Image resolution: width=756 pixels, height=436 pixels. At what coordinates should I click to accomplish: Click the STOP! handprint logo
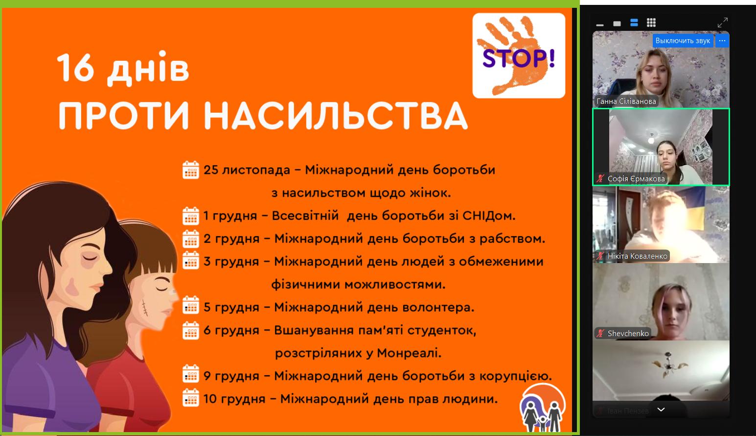click(x=519, y=56)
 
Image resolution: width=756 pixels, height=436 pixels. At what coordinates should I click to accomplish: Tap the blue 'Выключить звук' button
click(x=683, y=41)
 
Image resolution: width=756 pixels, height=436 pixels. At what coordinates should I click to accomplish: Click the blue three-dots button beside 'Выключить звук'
click(x=722, y=41)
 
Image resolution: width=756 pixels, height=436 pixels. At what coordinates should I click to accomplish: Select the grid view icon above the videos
click(x=651, y=23)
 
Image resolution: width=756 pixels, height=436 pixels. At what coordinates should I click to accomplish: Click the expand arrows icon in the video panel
click(x=723, y=23)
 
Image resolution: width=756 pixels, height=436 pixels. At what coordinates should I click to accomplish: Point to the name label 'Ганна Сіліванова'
click(x=626, y=101)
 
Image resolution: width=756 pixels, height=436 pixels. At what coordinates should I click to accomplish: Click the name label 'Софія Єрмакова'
click(x=636, y=179)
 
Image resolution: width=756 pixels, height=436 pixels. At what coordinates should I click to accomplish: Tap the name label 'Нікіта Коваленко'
click(x=637, y=256)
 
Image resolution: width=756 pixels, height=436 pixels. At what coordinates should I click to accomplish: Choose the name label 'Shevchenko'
click(x=628, y=334)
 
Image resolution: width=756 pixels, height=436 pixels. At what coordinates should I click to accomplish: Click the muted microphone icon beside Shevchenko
click(x=600, y=334)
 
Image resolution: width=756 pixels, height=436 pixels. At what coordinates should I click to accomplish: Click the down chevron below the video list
click(x=661, y=410)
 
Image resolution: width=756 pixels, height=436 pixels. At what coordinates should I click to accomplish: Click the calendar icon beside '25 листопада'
click(x=191, y=170)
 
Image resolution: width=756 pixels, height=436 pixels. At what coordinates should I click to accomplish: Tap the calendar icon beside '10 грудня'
click(x=191, y=397)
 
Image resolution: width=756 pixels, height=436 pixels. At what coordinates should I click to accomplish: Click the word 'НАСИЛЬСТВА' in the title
click(x=336, y=116)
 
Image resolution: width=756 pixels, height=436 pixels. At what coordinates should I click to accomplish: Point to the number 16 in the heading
click(x=75, y=67)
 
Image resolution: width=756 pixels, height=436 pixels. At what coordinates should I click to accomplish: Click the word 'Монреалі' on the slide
click(x=409, y=353)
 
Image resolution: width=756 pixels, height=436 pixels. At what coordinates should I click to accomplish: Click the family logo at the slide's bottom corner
click(x=542, y=408)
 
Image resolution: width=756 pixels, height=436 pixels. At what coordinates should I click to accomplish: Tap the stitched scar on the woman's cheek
click(x=145, y=308)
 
